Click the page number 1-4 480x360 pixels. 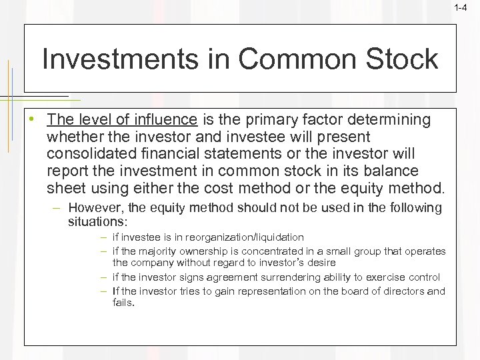pyautogui.click(x=460, y=8)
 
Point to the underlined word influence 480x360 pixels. pyautogui.click(x=168, y=120)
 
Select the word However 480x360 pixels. pyautogui.click(x=91, y=208)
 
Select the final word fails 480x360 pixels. pyautogui.click(x=123, y=302)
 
